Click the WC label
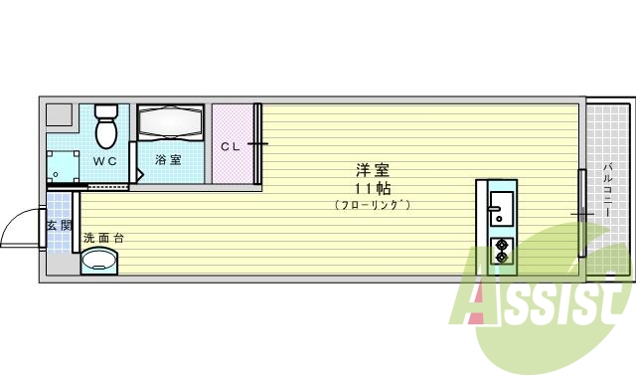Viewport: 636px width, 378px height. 105,160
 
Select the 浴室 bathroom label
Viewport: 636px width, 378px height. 167,159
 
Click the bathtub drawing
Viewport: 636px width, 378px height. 169,122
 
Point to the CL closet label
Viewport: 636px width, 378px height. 230,146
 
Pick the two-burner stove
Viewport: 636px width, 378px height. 501,251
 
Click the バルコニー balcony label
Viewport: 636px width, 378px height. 606,189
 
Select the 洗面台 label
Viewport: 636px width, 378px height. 103,238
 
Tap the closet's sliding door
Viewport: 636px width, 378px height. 258,143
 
